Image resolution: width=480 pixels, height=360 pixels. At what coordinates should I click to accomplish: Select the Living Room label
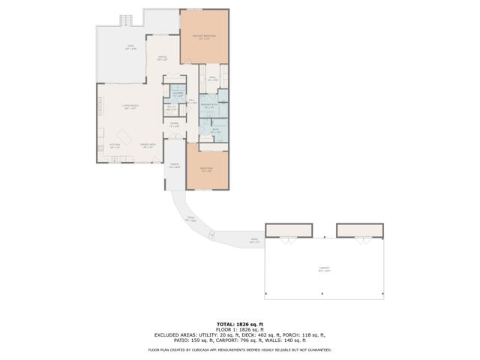[x=130, y=107]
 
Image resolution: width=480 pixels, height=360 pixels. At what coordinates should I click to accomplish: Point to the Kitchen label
[x=115, y=145]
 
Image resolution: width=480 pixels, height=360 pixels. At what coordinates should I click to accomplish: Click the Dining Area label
[x=148, y=145]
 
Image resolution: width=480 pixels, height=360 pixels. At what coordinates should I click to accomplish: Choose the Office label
[x=161, y=58]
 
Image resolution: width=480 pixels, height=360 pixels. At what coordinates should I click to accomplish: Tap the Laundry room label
[x=177, y=94]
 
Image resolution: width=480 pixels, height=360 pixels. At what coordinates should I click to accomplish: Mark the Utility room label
[x=171, y=108]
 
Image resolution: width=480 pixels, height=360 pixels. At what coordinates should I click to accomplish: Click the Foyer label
[x=173, y=124]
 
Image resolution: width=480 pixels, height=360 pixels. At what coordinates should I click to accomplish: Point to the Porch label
[x=174, y=166]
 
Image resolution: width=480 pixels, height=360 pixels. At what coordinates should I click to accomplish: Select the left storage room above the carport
[x=289, y=229]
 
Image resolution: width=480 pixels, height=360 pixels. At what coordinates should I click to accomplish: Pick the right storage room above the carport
[x=359, y=229]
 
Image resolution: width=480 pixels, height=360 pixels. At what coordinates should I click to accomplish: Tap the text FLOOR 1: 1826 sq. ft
[x=239, y=329]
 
